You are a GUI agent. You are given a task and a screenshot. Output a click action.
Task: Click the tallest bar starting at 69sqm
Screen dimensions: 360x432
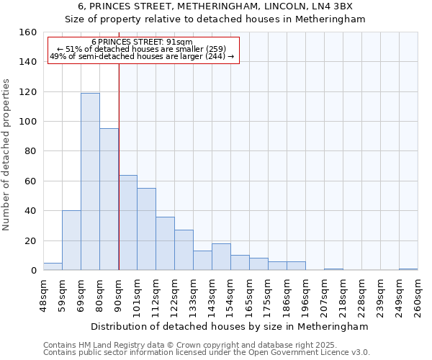pyautogui.click(x=90, y=181)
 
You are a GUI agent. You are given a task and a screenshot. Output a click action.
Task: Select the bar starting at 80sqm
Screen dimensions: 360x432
pyautogui.click(x=109, y=199)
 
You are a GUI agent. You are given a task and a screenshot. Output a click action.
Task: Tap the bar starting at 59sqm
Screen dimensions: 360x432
pyautogui.click(x=71, y=240)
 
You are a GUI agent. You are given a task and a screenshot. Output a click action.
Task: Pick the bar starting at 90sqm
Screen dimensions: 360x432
pyautogui.click(x=127, y=222)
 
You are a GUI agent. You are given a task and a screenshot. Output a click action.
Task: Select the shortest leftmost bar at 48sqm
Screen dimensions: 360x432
pyautogui.click(x=53, y=266)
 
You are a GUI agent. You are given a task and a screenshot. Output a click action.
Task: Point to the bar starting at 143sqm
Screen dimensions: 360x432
pyautogui.click(x=221, y=257)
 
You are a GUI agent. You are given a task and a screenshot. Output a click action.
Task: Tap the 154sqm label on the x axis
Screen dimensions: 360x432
pyautogui.click(x=230, y=295)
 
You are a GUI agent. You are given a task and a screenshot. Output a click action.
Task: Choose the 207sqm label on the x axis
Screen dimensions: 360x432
pyautogui.click(x=324, y=295)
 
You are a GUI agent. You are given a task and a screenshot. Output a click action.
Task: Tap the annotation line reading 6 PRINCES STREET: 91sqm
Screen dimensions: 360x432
pyautogui.click(x=142, y=42)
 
